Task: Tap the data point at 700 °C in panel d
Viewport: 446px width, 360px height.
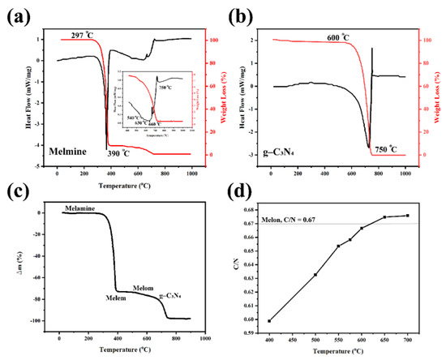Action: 407,216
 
